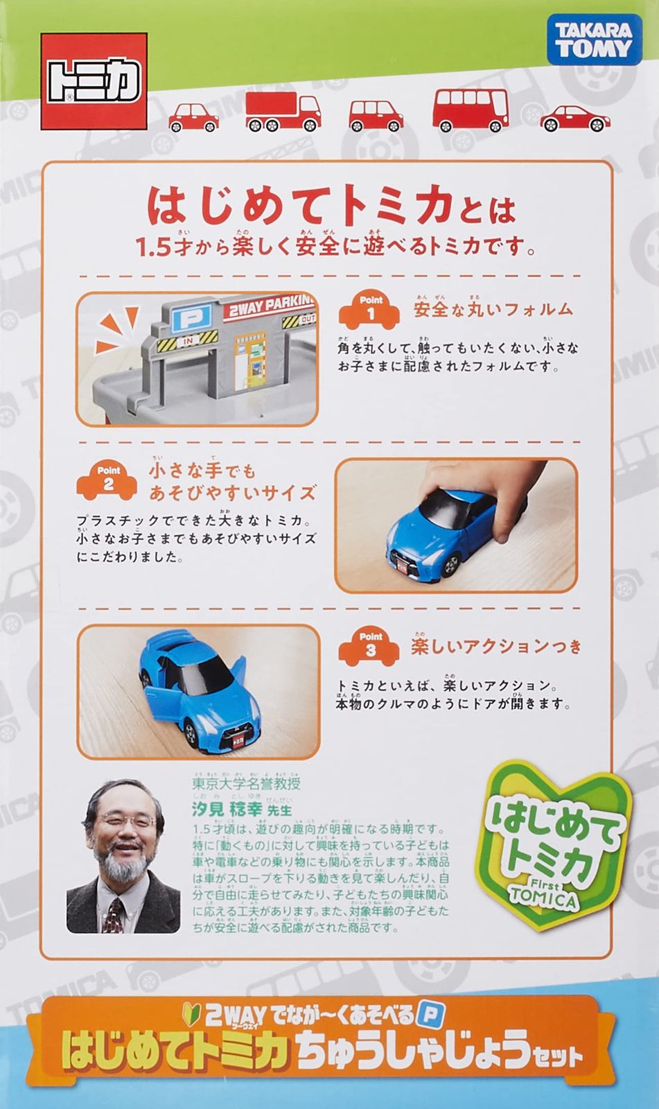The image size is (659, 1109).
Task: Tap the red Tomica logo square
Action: point(94,80)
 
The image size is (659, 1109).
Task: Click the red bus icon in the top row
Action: point(471,110)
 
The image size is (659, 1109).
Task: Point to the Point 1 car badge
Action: point(370,309)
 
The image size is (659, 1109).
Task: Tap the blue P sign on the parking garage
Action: point(185,321)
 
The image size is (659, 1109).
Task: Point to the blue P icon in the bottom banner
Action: point(430,1015)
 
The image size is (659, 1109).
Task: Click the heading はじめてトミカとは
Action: point(331,207)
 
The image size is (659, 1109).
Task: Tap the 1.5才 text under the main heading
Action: point(155,248)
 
